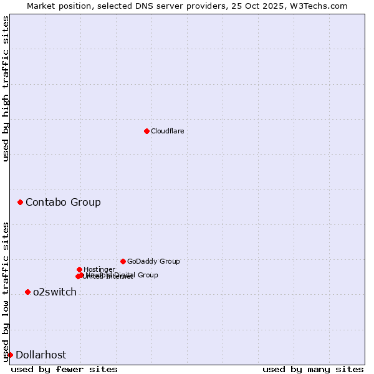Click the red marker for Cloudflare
146,131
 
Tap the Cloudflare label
167,131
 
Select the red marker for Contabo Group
21,202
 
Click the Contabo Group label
63,202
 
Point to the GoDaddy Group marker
123,261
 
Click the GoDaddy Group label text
153,261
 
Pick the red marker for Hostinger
79,269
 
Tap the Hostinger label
99,269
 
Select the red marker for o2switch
27,292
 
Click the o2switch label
55,292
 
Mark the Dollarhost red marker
10,355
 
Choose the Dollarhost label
41,355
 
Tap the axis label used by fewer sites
64,369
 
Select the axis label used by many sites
313,369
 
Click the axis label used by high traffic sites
6,89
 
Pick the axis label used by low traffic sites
6,291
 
